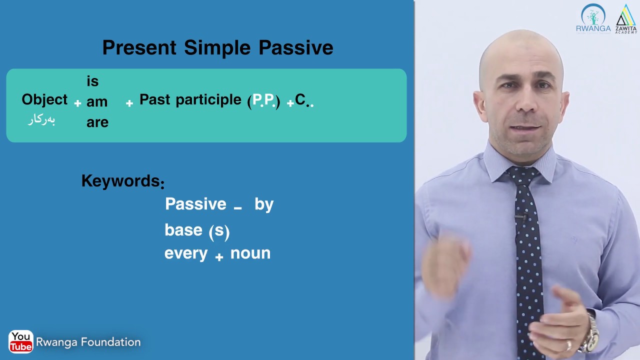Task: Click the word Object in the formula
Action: coord(44,99)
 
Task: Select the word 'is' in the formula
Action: coord(92,81)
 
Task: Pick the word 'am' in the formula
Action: coord(97,102)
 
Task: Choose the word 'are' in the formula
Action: coord(97,122)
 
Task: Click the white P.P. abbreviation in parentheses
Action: coord(263,100)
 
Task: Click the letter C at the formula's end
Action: coord(300,99)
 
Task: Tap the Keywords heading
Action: coord(121,181)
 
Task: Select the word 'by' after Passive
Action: coord(264,204)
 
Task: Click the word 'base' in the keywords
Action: coord(183,229)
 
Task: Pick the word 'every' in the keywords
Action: coord(185,253)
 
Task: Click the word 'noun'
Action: coord(250,253)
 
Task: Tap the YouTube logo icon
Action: coord(20,342)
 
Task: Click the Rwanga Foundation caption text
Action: coord(88,342)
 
